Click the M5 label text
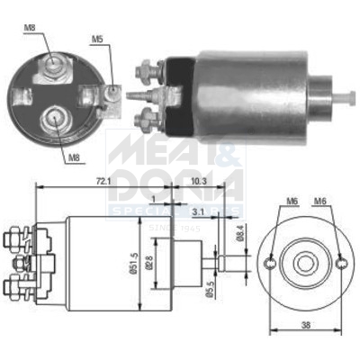point(97,39)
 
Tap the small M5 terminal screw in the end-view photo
point(112,90)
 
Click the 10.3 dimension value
point(201,181)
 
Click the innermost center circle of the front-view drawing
point(306,263)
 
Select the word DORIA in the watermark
point(175,184)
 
